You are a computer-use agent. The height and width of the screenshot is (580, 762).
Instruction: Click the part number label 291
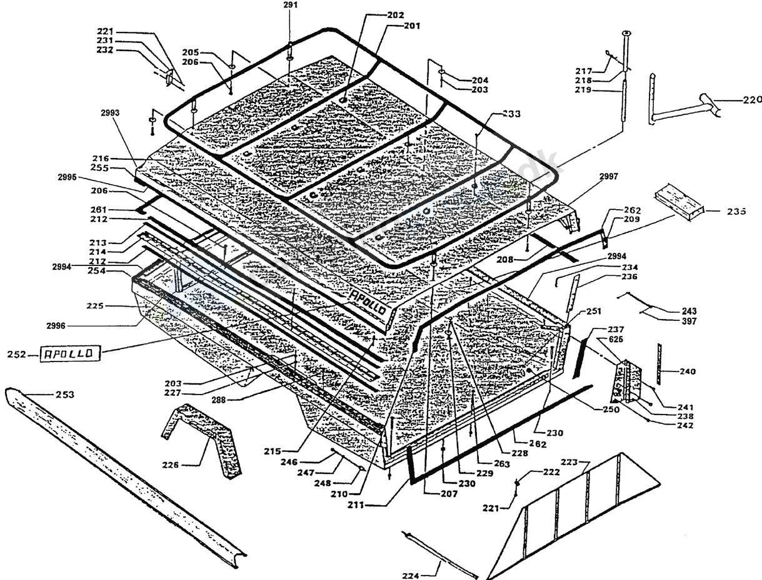(x=291, y=4)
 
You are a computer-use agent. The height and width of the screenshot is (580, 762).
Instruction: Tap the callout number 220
(x=753, y=99)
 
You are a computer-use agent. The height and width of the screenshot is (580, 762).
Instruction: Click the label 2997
(x=608, y=177)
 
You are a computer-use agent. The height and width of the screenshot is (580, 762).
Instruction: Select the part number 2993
(x=109, y=112)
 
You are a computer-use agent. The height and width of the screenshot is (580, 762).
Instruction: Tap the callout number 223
(x=569, y=463)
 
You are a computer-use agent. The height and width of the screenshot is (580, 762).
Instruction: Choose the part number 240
(x=686, y=371)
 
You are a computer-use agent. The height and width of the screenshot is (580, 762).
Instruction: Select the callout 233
(x=511, y=114)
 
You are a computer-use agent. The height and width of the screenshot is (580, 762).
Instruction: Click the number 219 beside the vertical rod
(x=584, y=90)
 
